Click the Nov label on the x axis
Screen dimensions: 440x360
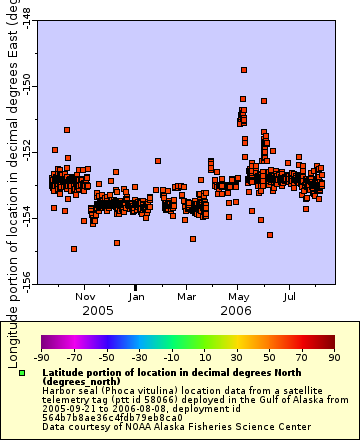point(86,297)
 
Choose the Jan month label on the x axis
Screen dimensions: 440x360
point(136,297)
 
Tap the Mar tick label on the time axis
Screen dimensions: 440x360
point(186,297)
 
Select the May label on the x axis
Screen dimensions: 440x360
point(238,297)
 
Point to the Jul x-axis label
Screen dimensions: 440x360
point(290,297)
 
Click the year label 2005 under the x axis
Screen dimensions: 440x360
point(98,311)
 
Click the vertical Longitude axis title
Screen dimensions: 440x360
point(12,180)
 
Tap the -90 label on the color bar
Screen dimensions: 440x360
point(41,356)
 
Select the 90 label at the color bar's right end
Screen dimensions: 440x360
point(333,356)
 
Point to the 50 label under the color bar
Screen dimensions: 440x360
point(268,356)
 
